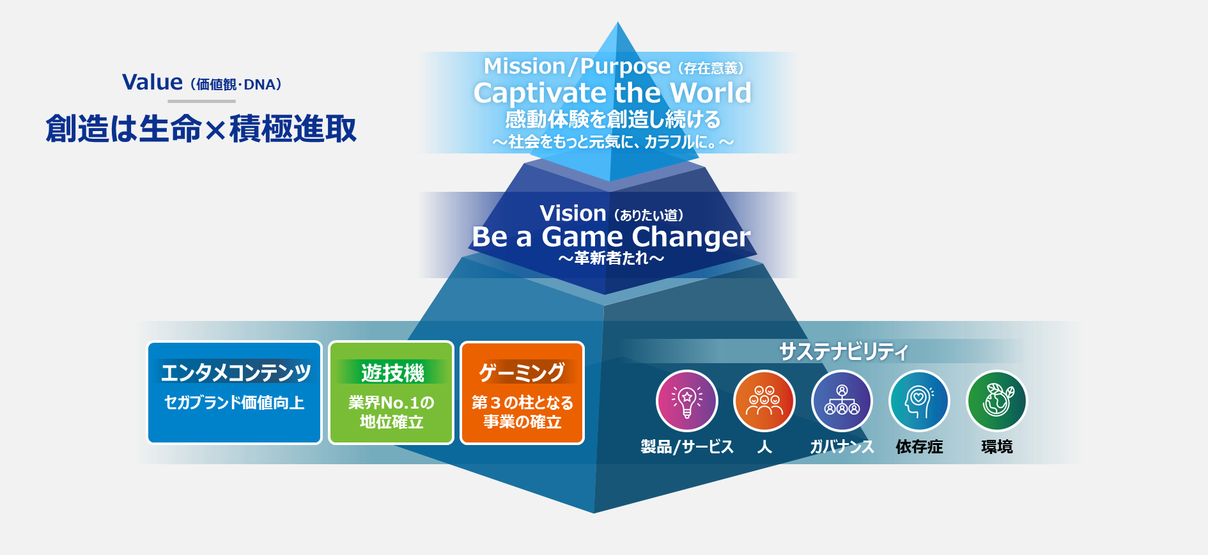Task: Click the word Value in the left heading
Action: tap(152, 82)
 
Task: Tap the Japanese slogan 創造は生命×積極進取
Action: tap(201, 129)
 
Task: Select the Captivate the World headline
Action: tap(612, 93)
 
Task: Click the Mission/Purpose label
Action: tap(577, 66)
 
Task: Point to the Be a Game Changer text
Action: tap(611, 237)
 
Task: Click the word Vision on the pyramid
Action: tap(573, 213)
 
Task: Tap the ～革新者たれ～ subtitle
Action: tap(611, 258)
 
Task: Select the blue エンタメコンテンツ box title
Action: tap(235, 372)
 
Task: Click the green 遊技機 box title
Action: tap(392, 372)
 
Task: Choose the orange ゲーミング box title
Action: tap(522, 372)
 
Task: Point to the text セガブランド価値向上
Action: tap(235, 402)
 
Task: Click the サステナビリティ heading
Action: tap(843, 351)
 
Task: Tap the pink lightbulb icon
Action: tap(687, 401)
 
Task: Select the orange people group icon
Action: tap(764, 401)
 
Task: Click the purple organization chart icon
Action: tap(842, 401)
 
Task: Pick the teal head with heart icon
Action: tap(919, 401)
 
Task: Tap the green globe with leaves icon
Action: tap(996, 401)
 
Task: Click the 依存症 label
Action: tap(919, 446)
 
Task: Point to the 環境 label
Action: tap(997, 446)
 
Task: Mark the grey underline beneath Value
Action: tap(202, 101)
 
